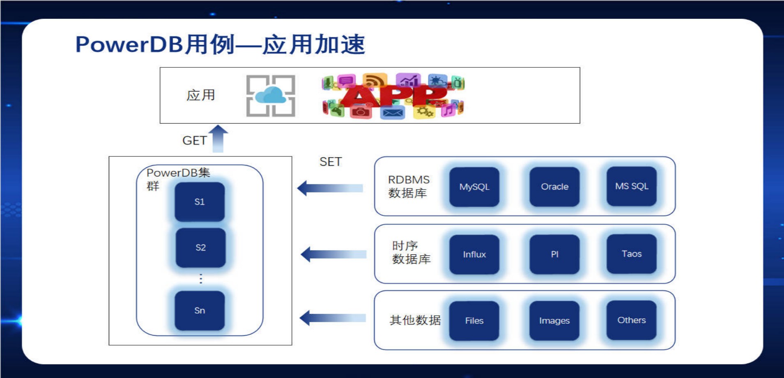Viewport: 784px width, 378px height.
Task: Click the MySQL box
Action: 474,187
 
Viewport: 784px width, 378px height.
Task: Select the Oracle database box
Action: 554,187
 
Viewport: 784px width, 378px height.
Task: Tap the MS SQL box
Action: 632,186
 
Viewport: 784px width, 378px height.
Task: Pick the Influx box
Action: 474,254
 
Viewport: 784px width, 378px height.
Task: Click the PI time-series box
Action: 554,254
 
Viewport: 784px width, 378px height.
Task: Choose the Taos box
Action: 632,254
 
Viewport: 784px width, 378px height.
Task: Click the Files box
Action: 474,321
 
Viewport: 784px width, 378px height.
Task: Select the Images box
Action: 554,321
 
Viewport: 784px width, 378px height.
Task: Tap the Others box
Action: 632,320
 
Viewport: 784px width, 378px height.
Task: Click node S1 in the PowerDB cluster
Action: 200,202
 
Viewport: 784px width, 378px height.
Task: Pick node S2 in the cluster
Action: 201,248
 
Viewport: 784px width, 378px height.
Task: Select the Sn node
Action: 200,311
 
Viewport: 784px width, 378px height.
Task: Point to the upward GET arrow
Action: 218,139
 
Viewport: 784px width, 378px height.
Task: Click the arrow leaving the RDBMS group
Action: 330,188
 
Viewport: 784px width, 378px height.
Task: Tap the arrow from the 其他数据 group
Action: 333,318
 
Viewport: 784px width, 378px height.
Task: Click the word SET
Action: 331,162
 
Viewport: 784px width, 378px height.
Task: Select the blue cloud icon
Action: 271,96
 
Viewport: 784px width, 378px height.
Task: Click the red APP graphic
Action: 393,96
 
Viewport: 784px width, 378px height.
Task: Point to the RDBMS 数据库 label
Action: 409,186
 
